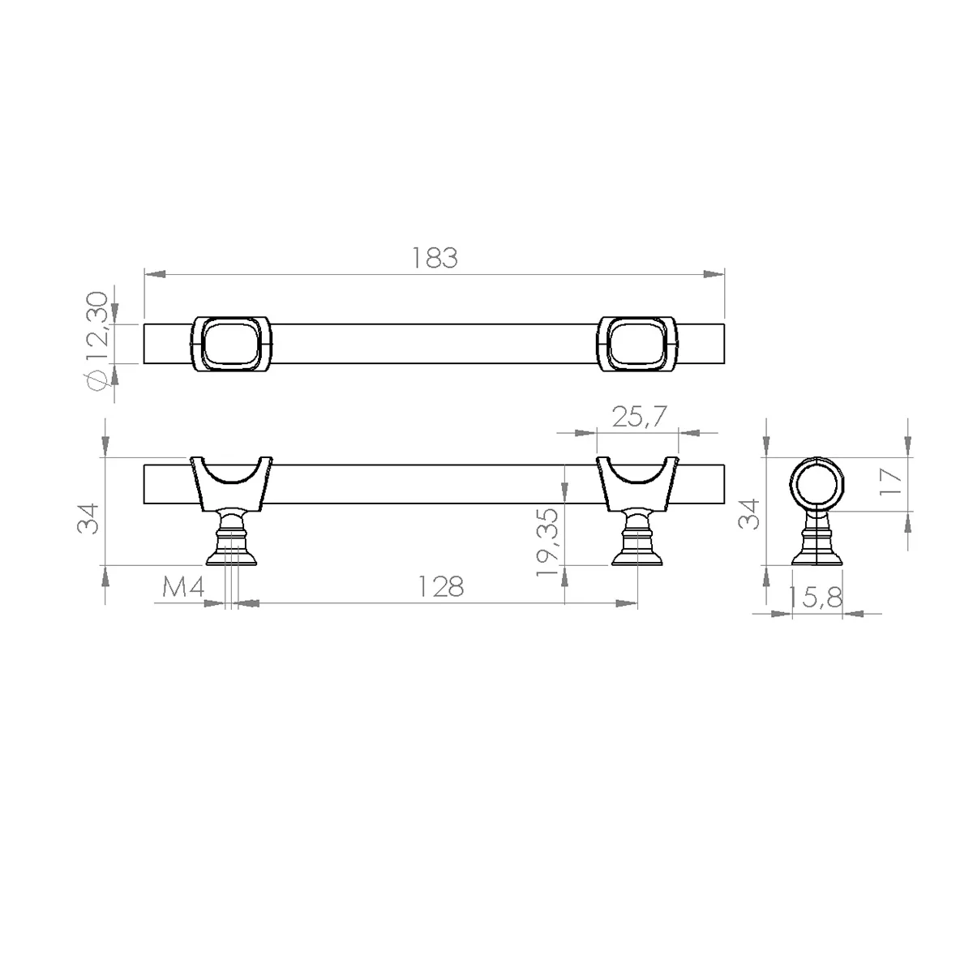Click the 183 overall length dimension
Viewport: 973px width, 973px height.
coord(435,258)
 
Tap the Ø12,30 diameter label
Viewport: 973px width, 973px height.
coord(97,341)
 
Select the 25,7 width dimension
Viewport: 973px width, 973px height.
coord(639,417)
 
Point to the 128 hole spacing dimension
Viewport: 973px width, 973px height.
coord(441,587)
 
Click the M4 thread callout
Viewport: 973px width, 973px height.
coord(183,587)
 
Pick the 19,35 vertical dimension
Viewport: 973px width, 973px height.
coord(547,542)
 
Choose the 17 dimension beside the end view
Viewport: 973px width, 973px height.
coord(889,482)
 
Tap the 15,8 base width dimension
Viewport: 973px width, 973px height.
coord(814,598)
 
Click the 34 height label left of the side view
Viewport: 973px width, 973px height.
coord(88,519)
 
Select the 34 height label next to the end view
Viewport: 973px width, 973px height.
coord(749,514)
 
